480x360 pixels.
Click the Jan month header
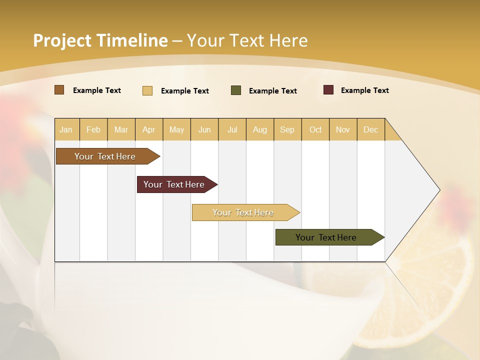click(66, 129)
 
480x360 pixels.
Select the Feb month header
click(93, 129)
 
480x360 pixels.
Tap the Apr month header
click(148, 129)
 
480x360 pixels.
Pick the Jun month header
click(204, 129)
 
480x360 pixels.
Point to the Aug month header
click(259, 129)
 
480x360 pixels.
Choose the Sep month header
click(287, 129)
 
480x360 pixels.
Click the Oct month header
click(315, 129)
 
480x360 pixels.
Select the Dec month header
click(370, 129)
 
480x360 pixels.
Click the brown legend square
click(59, 90)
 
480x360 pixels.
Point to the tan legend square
click(147, 90)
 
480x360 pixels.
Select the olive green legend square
click(236, 90)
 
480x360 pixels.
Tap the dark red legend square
click(328, 90)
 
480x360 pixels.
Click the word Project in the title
click(62, 40)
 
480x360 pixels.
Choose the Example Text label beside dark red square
click(364, 90)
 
